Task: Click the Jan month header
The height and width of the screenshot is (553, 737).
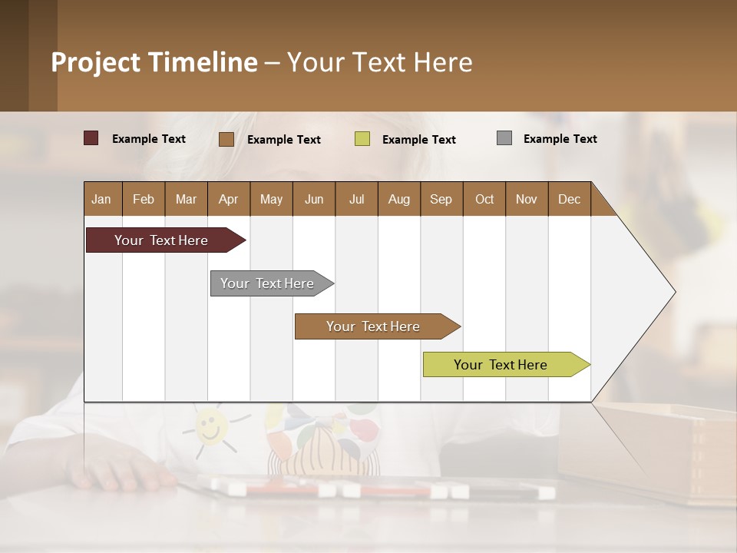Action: click(x=101, y=199)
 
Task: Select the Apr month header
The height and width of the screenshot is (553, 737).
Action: click(x=228, y=199)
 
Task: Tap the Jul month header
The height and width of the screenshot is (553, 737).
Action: click(x=356, y=199)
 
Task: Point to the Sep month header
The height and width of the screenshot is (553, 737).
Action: click(x=441, y=199)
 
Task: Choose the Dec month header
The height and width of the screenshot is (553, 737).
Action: click(x=569, y=199)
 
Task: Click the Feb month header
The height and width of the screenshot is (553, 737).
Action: click(x=144, y=199)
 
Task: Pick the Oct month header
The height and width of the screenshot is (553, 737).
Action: click(x=484, y=199)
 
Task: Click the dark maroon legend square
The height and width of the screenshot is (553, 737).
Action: click(x=91, y=138)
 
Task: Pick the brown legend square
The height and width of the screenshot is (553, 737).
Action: click(x=226, y=139)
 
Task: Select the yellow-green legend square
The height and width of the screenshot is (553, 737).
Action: click(x=362, y=139)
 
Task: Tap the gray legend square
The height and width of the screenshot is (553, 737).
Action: click(x=504, y=138)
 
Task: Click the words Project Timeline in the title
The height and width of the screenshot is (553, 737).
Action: click(x=154, y=62)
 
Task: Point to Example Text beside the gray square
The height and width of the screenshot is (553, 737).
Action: click(x=560, y=138)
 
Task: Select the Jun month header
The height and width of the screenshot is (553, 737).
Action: click(x=314, y=199)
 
